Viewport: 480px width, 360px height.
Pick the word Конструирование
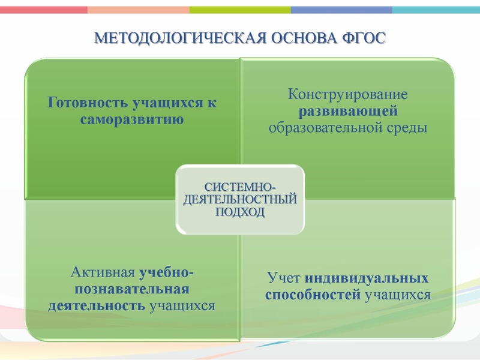coord(348,94)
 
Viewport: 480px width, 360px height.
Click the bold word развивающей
coord(348,110)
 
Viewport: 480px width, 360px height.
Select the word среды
coord(407,127)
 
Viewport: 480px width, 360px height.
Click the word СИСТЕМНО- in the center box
coord(239,187)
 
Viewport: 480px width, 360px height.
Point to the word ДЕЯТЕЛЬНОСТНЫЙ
coord(239,200)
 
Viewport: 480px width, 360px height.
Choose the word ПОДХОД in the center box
coord(239,212)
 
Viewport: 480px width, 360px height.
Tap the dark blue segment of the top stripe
coord(342,10)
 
